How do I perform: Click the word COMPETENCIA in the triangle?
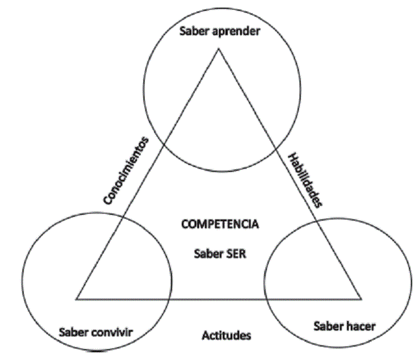click(220, 224)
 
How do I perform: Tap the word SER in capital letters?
click(235, 252)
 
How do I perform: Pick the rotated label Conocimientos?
click(127, 170)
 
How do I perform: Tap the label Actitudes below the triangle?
click(226, 335)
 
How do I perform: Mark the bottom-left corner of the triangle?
click(77, 299)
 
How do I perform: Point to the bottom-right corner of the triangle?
click(362, 299)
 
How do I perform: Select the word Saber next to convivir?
click(73, 331)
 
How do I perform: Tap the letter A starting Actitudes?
click(205, 335)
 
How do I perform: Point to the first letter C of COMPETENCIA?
click(185, 224)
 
